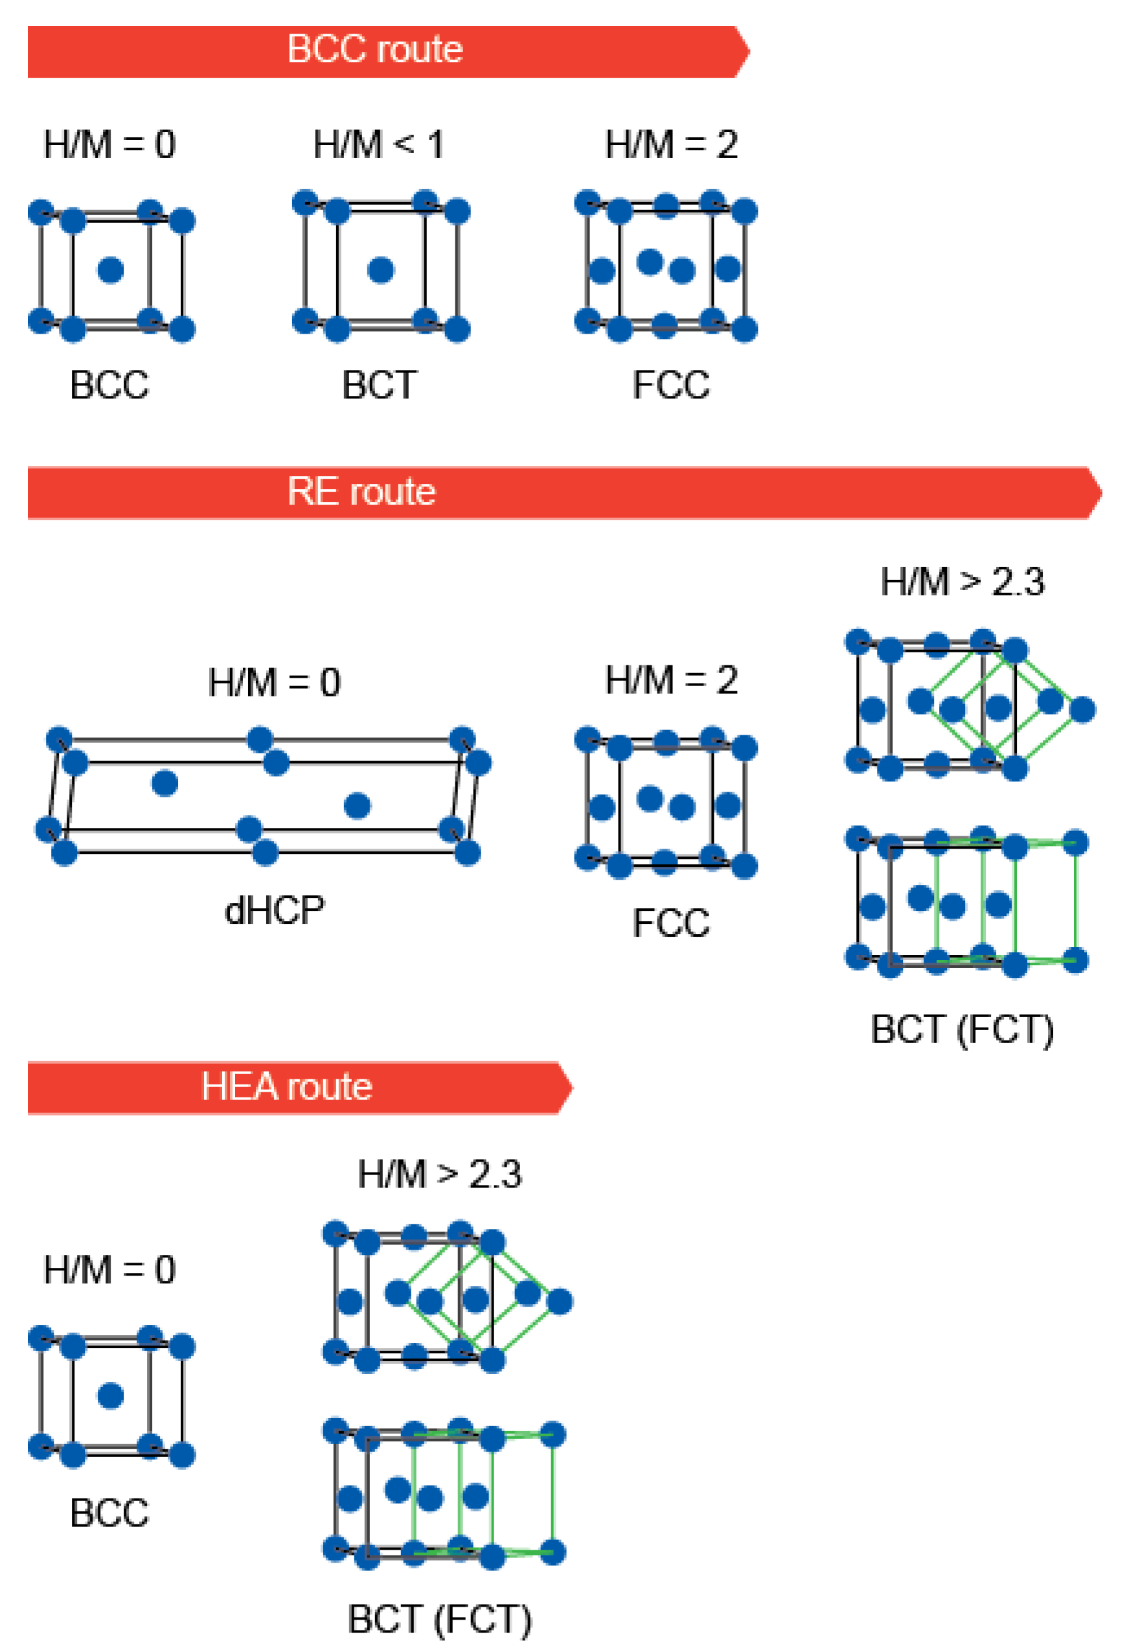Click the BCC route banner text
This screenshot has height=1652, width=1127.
coord(374,50)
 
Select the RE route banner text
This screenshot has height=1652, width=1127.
coord(361,492)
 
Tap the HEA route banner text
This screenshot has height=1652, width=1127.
coord(286,1087)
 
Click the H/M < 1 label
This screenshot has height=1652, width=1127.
coord(379,145)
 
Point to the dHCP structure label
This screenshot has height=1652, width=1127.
coord(274,912)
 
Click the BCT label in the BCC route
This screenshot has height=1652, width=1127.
coord(380,385)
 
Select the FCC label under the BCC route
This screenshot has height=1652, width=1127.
coord(671,385)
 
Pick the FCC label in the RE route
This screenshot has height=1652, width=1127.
coord(671,923)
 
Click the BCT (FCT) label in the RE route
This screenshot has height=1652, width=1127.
coord(962,1030)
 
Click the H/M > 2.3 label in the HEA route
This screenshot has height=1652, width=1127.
coord(440,1175)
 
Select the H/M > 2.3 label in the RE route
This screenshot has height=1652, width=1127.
coord(962,582)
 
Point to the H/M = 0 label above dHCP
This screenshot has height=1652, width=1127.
coord(274,683)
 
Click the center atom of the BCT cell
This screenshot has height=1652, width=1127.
coord(381,270)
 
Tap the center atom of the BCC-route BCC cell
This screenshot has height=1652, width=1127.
coord(111,270)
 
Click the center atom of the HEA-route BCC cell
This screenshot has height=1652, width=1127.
coord(111,1396)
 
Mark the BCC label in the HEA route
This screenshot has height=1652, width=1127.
coord(109,1513)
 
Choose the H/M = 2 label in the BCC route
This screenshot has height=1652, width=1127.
coord(672,145)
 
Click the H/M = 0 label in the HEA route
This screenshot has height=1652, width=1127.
coord(109,1270)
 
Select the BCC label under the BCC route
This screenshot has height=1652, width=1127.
coord(109,385)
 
